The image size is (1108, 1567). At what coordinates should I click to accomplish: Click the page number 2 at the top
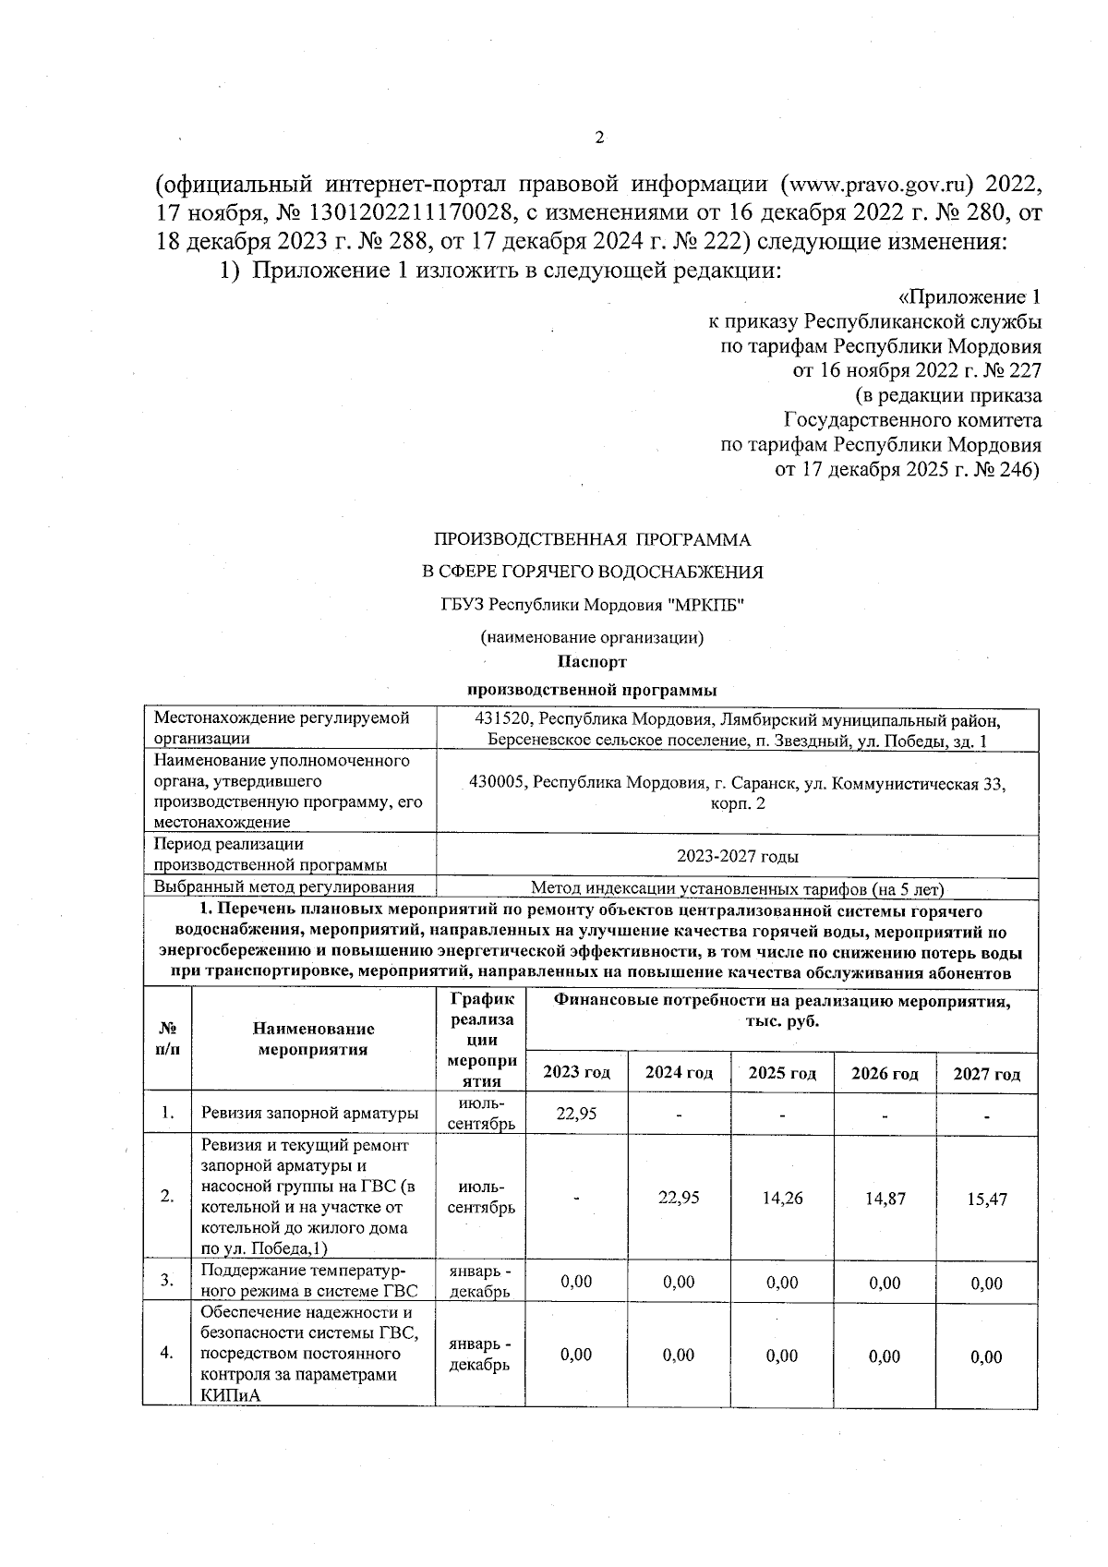[x=598, y=139]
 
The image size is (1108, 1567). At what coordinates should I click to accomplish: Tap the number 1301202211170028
[x=400, y=213]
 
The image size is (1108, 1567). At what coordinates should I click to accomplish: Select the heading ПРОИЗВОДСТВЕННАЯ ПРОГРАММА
[x=592, y=539]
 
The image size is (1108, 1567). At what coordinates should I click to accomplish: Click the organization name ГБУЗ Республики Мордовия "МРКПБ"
[x=592, y=605]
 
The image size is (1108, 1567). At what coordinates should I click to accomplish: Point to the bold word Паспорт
[x=592, y=662]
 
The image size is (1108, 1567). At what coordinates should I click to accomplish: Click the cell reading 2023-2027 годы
[x=737, y=856]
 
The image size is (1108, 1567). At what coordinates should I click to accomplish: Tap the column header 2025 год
[x=781, y=1073]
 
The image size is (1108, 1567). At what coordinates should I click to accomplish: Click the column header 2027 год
[x=986, y=1074]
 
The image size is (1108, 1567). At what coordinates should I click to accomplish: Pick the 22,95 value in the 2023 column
[x=576, y=1114]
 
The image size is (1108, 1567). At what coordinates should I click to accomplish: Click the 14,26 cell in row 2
[x=781, y=1199]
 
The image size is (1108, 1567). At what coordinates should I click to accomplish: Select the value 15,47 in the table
[x=986, y=1199]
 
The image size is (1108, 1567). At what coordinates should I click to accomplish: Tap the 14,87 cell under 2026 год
[x=885, y=1199]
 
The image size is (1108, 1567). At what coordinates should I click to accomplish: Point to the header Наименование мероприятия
[x=313, y=1039]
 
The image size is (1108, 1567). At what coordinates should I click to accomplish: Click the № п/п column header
[x=167, y=1039]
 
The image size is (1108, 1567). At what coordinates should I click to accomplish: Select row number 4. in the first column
[x=167, y=1353]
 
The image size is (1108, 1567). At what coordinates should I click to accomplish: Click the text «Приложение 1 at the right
[x=969, y=297]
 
